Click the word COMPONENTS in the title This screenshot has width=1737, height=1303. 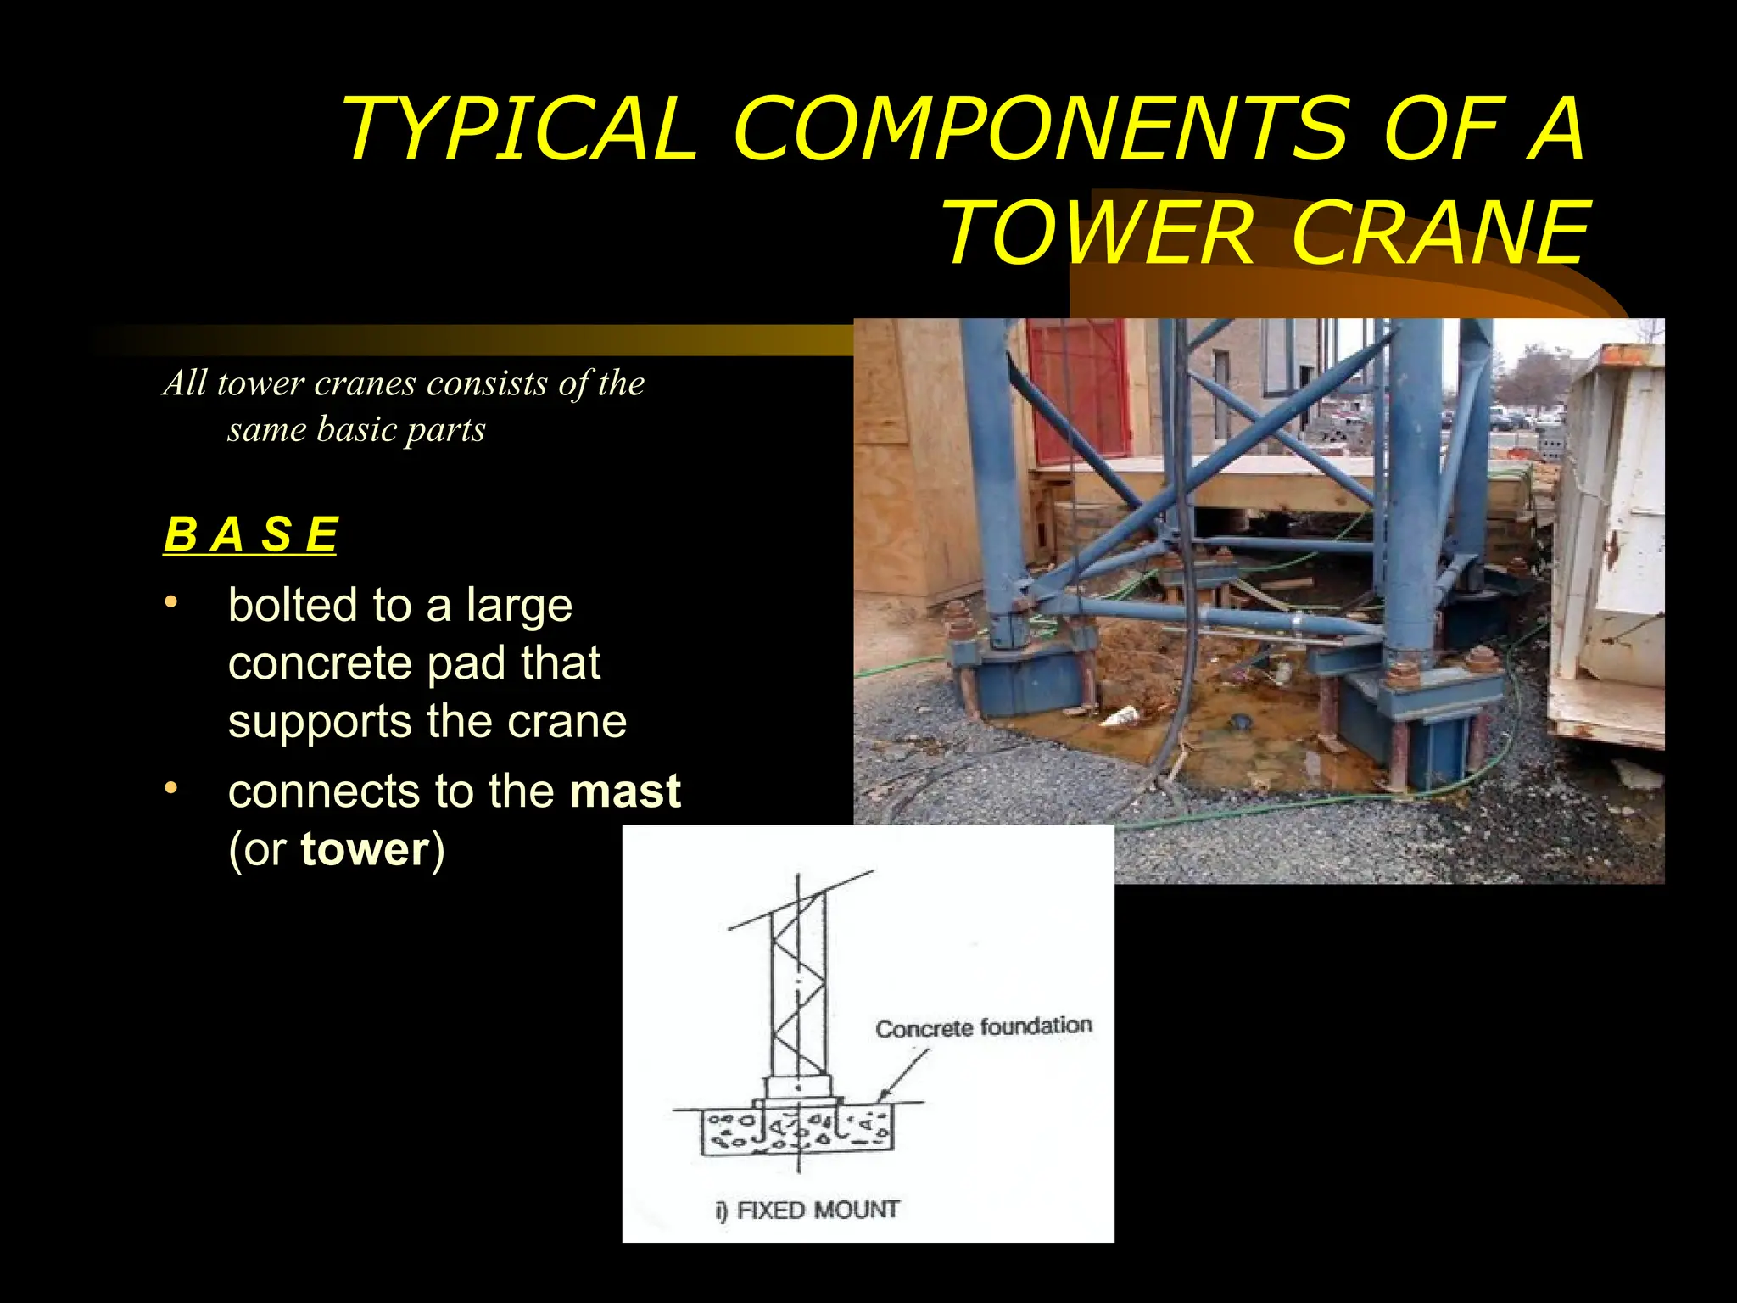point(1040,129)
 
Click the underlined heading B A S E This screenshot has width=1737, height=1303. point(250,535)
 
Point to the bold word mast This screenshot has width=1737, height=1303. point(625,791)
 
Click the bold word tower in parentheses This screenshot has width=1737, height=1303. point(366,849)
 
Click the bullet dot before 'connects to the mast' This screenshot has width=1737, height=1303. point(171,788)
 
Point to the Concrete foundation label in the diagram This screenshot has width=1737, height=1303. point(983,1027)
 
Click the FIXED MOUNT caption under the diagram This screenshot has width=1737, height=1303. point(807,1210)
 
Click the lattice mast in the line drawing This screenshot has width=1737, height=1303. point(798,993)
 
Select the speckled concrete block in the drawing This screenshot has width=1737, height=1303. point(797,1132)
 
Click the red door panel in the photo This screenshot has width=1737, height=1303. point(1077,390)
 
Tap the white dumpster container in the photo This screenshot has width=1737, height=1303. point(1607,543)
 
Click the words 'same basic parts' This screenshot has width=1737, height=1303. point(356,429)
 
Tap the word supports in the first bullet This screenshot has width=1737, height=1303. point(319,722)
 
